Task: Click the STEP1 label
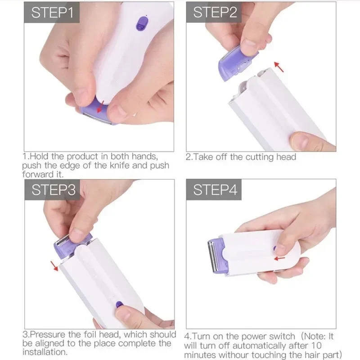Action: (52, 13)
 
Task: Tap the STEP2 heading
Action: (215, 13)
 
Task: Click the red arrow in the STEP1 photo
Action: (102, 105)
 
